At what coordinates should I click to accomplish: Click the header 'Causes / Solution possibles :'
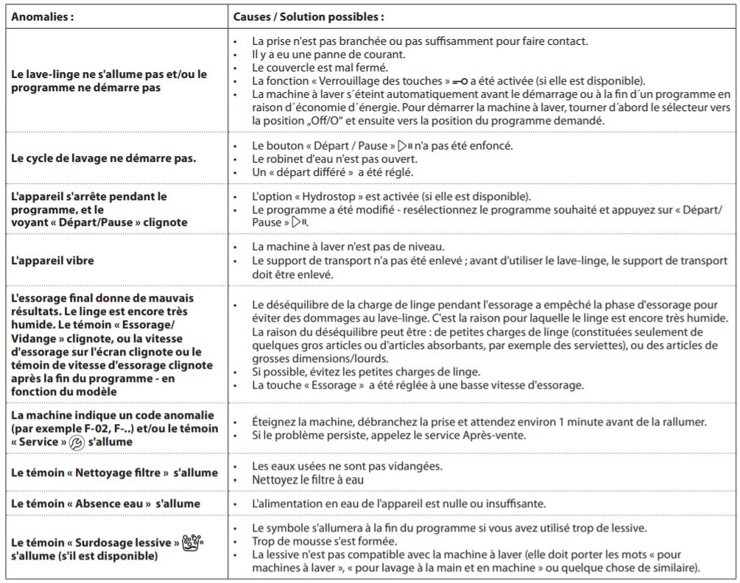click(309, 16)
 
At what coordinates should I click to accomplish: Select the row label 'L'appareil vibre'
click(53, 261)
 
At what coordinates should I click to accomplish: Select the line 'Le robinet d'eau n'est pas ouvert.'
click(335, 158)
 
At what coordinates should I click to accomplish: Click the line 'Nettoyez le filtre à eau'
click(309, 480)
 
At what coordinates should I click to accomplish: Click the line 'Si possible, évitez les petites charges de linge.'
click(366, 372)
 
